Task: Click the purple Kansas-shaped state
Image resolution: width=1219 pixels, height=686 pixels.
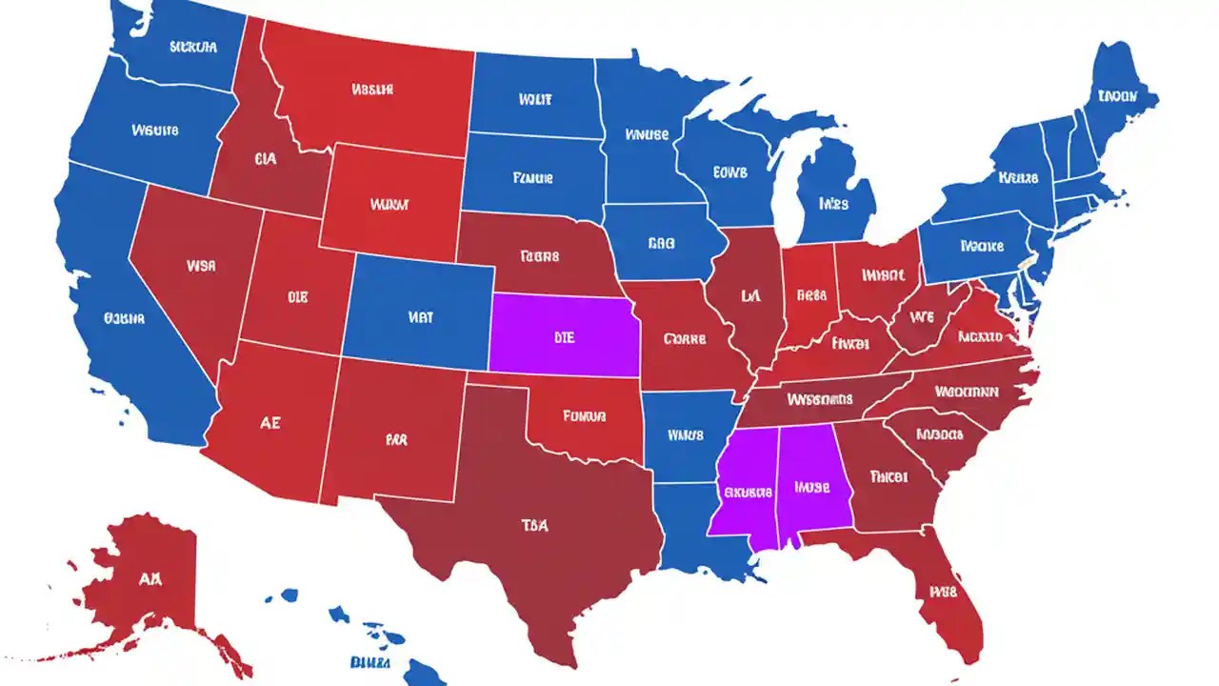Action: point(562,333)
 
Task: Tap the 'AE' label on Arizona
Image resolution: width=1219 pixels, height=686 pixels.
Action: point(270,423)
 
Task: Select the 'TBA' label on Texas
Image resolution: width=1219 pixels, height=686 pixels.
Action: point(534,525)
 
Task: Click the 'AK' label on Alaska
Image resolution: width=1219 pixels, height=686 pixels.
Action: point(149,578)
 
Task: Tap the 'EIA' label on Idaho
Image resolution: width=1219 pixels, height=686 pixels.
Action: point(266,160)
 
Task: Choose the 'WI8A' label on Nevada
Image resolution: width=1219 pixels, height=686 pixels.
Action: point(201,266)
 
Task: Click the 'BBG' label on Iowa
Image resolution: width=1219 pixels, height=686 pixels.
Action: point(661,244)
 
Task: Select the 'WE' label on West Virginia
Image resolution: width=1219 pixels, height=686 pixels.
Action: point(922,315)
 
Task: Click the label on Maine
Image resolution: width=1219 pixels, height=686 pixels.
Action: point(1116,95)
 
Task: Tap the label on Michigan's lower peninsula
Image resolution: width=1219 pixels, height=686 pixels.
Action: point(834,203)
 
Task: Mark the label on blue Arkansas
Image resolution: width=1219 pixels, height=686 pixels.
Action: point(685,435)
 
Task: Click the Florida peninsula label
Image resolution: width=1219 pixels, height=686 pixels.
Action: point(942,591)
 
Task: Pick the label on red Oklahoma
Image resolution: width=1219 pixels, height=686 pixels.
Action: point(585,415)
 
